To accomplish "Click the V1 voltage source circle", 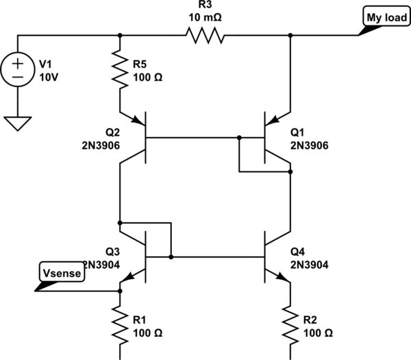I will (x=17, y=69).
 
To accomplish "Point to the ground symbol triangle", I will (x=17, y=123).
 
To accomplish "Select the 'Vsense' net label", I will (x=62, y=273).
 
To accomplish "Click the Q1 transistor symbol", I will (x=274, y=138).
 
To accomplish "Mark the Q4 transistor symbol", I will (x=274, y=258).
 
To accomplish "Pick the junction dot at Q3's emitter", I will (x=120, y=291).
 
